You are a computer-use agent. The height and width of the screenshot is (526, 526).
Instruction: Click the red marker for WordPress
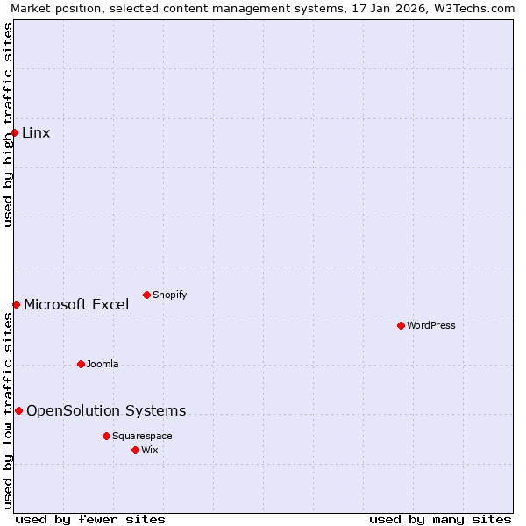tap(401, 325)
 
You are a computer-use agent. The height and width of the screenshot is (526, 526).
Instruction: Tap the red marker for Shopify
tap(146, 295)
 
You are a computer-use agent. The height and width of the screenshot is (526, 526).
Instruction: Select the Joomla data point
tap(81, 364)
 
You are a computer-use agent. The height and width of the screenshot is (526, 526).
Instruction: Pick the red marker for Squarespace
tap(106, 436)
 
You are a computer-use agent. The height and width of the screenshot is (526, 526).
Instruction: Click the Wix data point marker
tap(135, 450)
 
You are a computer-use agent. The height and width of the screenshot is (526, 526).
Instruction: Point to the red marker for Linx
tap(15, 133)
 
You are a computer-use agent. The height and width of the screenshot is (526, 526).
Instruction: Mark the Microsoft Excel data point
tap(16, 304)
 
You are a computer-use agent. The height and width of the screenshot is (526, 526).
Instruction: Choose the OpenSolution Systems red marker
tap(18, 410)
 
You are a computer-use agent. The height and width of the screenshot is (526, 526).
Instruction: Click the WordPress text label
tap(431, 325)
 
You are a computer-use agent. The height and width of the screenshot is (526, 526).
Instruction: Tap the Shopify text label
tap(169, 295)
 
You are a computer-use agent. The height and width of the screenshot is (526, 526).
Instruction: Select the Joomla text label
tap(103, 364)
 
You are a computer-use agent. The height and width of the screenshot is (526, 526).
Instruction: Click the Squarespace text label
tap(142, 436)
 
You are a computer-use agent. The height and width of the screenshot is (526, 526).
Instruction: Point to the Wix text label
tap(150, 450)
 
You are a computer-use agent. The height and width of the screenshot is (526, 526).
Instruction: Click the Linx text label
tap(36, 133)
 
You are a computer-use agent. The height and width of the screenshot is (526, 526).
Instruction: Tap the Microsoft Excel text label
tap(76, 304)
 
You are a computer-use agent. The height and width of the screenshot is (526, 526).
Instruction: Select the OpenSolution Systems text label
tap(106, 410)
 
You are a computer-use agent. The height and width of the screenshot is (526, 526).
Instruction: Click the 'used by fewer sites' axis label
tap(90, 519)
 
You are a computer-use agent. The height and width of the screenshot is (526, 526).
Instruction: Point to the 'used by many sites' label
tap(440, 519)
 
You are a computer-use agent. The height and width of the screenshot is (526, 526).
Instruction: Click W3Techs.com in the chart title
tap(474, 8)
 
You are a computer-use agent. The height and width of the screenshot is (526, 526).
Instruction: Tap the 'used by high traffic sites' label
tap(8, 124)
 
